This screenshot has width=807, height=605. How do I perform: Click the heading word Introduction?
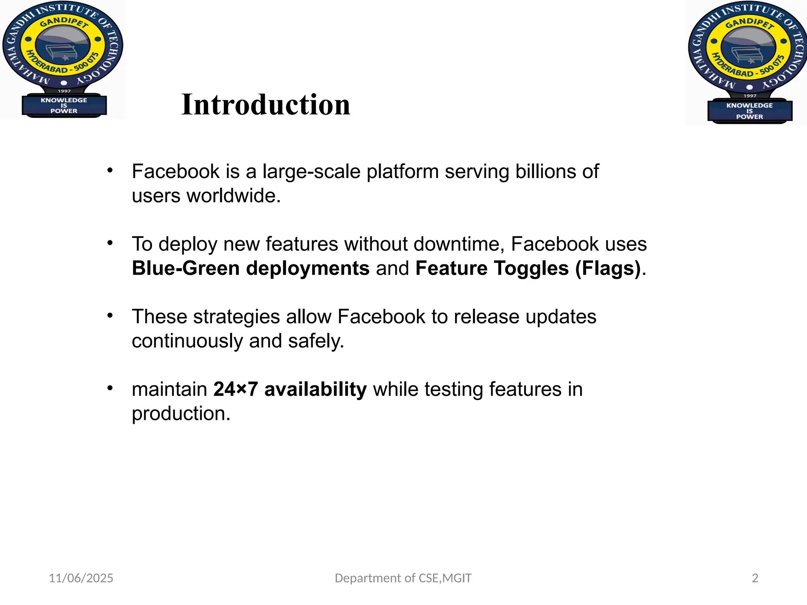[266, 105]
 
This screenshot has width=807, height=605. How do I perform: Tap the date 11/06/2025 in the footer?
[81, 578]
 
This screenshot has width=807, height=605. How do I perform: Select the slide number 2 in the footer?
[755, 578]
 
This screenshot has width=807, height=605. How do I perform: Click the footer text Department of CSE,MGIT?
[403, 578]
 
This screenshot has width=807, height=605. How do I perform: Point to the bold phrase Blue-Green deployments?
[251, 269]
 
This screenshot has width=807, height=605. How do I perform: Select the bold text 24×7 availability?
[290, 390]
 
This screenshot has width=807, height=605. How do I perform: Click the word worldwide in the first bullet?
[234, 196]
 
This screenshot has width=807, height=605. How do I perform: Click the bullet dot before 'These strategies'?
[110, 315]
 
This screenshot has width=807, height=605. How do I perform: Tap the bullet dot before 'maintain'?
[110, 388]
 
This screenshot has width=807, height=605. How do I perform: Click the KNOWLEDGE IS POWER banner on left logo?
[64, 106]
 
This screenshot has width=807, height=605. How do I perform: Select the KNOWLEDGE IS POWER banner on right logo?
[749, 111]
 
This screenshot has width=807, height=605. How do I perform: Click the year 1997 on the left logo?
[64, 91]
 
